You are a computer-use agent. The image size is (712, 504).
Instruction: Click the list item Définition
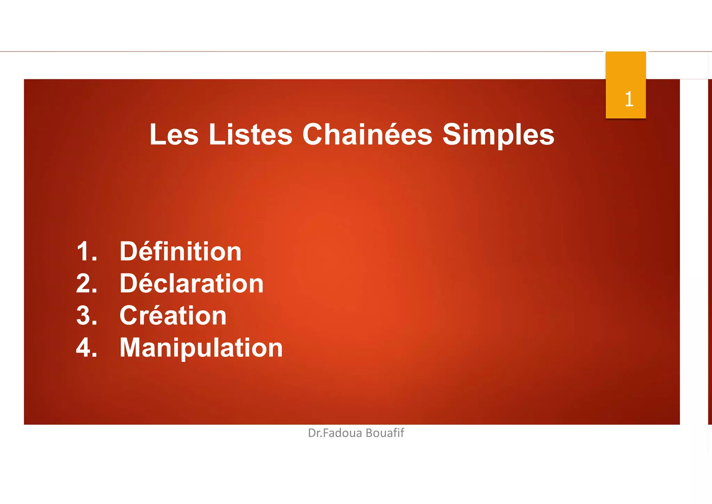tap(180, 251)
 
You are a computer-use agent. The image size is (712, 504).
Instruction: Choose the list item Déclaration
tap(192, 283)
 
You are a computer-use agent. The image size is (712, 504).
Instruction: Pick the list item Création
tap(173, 315)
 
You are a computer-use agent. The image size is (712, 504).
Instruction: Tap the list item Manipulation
tap(201, 347)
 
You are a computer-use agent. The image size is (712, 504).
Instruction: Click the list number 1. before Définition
tap(87, 251)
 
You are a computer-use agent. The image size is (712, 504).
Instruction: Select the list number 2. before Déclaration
tap(87, 283)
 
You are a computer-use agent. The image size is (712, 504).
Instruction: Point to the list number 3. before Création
tap(87, 315)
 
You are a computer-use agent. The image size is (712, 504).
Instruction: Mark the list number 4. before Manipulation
tap(87, 347)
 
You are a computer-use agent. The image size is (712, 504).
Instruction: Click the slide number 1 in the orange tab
tap(629, 99)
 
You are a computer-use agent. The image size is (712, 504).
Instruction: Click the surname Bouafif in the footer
tap(385, 433)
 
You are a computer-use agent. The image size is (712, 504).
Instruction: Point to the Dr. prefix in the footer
tap(315, 433)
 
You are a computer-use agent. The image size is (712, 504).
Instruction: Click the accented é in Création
tap(157, 315)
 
